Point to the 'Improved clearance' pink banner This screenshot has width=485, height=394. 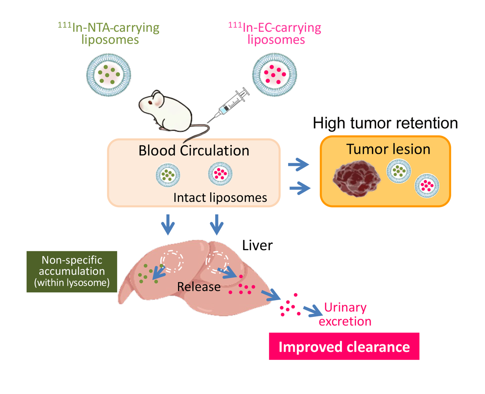click(x=344, y=346)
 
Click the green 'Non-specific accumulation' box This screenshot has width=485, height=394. click(x=71, y=271)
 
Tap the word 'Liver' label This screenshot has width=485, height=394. click(x=257, y=245)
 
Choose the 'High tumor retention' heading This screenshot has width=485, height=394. click(x=385, y=124)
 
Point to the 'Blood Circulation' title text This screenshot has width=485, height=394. click(x=194, y=150)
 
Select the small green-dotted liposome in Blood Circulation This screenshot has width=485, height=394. click(x=168, y=173)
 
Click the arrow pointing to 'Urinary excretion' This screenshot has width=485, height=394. click(x=312, y=311)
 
